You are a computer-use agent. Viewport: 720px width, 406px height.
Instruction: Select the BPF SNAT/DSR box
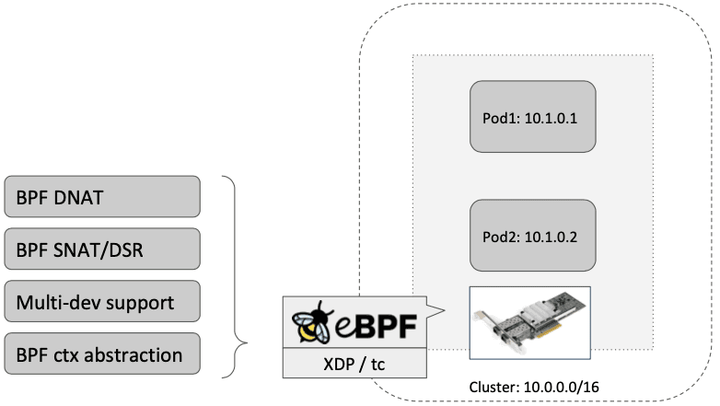[102, 249]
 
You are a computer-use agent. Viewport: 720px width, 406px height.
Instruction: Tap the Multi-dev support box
[102, 301]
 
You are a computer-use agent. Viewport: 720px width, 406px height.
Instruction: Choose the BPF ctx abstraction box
[102, 354]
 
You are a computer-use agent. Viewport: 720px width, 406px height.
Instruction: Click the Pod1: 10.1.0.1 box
[533, 118]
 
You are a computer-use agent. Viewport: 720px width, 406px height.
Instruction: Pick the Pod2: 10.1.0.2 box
[533, 236]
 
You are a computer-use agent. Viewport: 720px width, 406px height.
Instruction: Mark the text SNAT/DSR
[116, 249]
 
